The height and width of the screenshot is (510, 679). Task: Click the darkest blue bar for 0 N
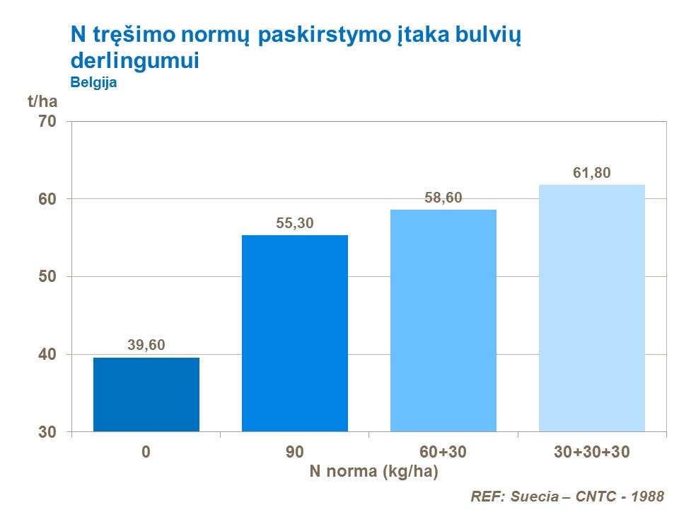[146, 395]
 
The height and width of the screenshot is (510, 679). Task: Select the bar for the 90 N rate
[295, 333]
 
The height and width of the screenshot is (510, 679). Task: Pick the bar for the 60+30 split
[443, 320]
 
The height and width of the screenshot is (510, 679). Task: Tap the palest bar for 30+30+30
[592, 308]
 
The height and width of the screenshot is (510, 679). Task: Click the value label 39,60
[146, 346]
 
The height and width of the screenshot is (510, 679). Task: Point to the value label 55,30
[295, 223]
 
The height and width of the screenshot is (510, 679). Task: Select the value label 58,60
[443, 198]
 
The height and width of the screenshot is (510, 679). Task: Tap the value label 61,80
[592, 173]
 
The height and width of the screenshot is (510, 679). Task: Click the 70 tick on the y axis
[47, 122]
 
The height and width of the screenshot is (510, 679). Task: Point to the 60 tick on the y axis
[47, 199]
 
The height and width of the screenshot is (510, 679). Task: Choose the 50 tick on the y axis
[47, 276]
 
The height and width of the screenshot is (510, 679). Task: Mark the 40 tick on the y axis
[47, 354]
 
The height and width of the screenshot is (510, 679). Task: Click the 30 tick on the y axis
[47, 431]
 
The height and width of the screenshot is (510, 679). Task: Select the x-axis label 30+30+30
[592, 452]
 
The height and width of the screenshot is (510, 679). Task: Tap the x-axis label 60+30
[443, 452]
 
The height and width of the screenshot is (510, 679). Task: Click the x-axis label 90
[295, 452]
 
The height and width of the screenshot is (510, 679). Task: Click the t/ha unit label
[42, 101]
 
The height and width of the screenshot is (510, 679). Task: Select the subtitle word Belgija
[93, 82]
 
